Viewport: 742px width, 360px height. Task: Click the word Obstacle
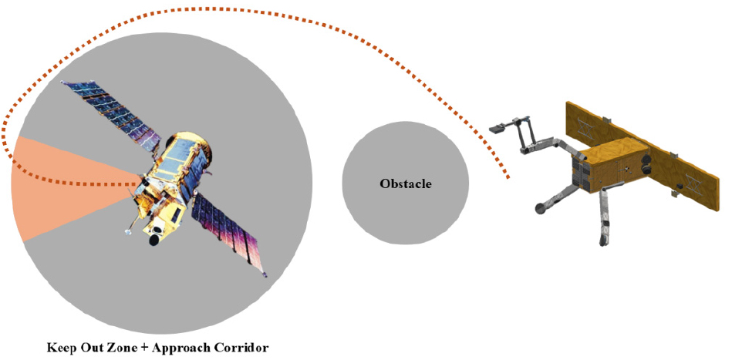[406, 183]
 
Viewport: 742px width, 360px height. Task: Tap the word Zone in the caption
[125, 348]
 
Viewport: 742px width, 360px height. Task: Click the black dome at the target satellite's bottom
[153, 240]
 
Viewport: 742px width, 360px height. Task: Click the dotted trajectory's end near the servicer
[508, 177]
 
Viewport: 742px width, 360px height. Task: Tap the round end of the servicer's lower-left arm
[539, 207]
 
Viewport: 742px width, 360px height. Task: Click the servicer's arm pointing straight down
[604, 217]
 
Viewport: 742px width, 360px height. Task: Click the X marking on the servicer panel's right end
[691, 186]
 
